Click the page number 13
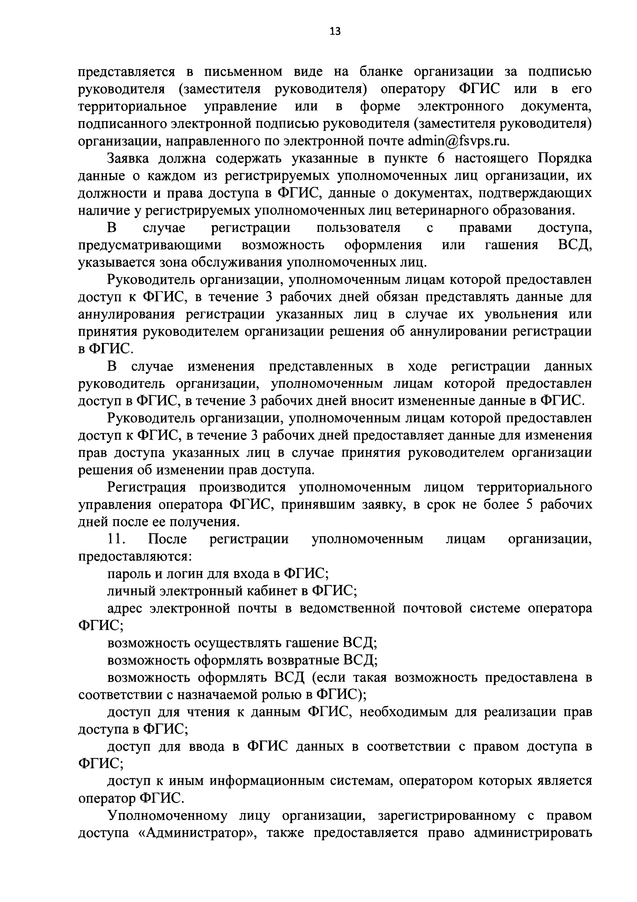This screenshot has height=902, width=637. pos(335,31)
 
